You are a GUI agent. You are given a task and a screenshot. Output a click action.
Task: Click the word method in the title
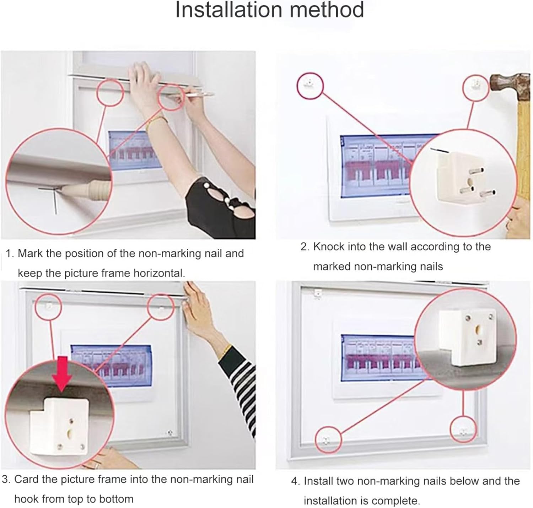327,10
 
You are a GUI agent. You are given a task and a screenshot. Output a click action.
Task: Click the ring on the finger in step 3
96,465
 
